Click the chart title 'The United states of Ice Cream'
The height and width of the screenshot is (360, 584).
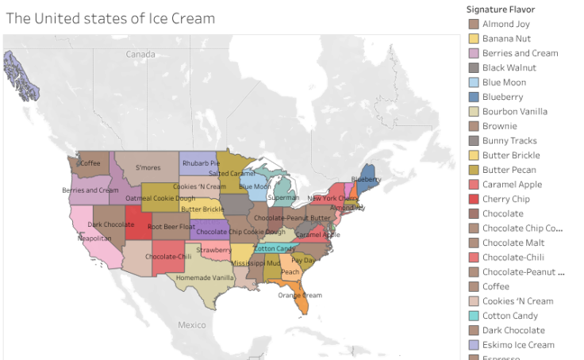110,18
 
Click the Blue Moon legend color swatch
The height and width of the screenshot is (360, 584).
474,82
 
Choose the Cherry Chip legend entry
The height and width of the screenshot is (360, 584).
505,199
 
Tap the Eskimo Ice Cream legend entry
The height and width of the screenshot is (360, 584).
518,345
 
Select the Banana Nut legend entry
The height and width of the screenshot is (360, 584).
506,39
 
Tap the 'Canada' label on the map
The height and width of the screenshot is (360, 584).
140,54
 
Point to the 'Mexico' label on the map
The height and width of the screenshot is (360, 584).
191,325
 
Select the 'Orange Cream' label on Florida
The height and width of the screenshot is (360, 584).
300,295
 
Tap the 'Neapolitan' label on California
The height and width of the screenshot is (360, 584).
94,237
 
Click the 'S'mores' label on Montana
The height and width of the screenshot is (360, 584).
148,167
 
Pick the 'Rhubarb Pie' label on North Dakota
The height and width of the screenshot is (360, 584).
201,163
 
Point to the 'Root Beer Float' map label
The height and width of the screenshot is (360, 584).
171,226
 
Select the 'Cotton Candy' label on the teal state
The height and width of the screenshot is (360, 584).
275,249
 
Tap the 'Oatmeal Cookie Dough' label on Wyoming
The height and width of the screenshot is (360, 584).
160,197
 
